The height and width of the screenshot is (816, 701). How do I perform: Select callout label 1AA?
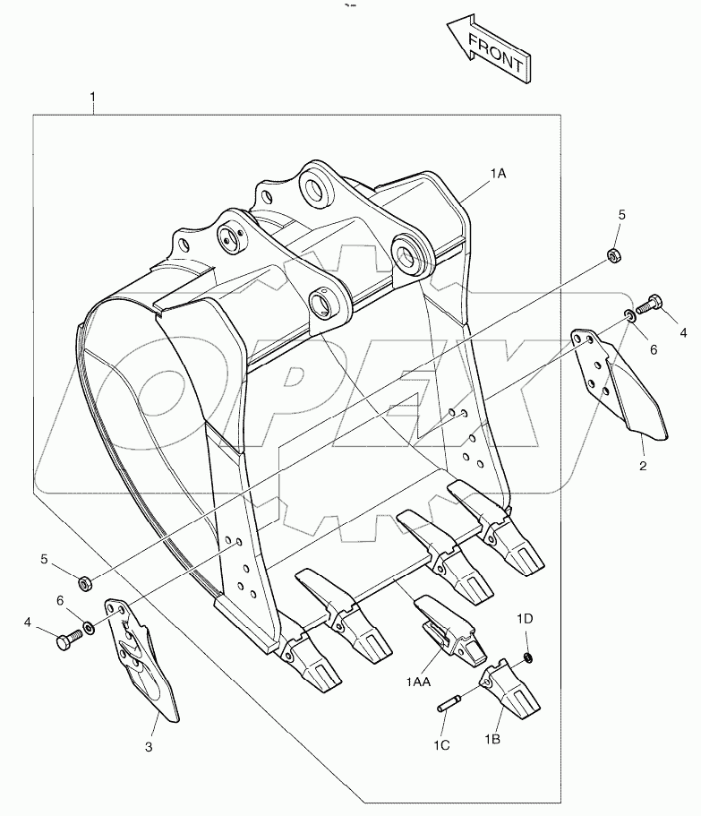point(418,683)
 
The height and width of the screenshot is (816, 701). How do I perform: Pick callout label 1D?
point(525,618)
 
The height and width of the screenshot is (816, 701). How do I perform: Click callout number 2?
point(643,466)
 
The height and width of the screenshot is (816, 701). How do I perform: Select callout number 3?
point(150,746)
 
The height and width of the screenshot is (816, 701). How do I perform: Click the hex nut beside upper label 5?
point(615,255)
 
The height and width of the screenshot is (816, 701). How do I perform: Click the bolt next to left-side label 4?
point(66,640)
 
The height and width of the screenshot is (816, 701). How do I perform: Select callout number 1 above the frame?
point(94,96)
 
